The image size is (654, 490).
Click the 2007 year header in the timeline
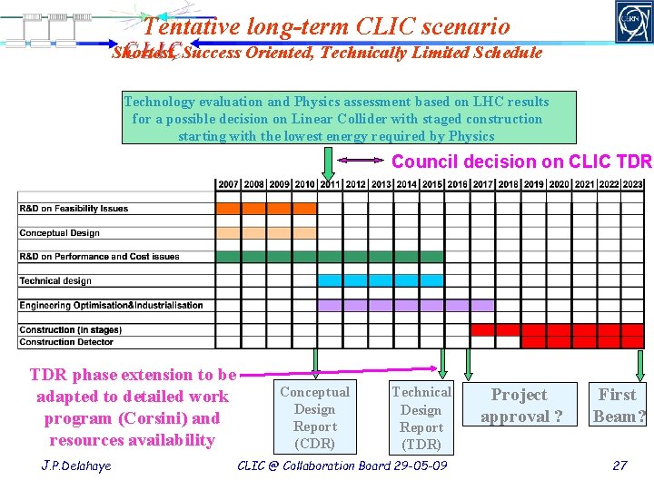(x=228, y=184)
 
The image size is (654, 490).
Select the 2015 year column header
(x=431, y=184)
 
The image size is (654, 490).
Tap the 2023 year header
(x=633, y=184)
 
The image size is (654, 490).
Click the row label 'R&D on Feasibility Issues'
(x=74, y=209)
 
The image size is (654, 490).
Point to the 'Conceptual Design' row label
(x=59, y=233)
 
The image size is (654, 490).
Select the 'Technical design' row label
(x=55, y=281)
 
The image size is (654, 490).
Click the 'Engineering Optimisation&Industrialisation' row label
(x=111, y=305)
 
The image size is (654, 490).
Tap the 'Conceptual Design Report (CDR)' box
(x=314, y=417)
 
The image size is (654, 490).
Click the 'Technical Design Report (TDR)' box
(x=421, y=417)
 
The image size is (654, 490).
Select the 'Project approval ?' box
(x=519, y=406)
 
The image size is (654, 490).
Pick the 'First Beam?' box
(x=617, y=406)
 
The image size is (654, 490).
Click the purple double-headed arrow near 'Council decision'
(x=362, y=162)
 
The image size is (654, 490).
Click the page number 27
(x=619, y=465)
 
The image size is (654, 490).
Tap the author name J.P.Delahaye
(x=78, y=465)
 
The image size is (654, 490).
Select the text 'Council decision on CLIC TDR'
(x=521, y=162)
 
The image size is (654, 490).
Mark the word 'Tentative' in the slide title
(x=186, y=28)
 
